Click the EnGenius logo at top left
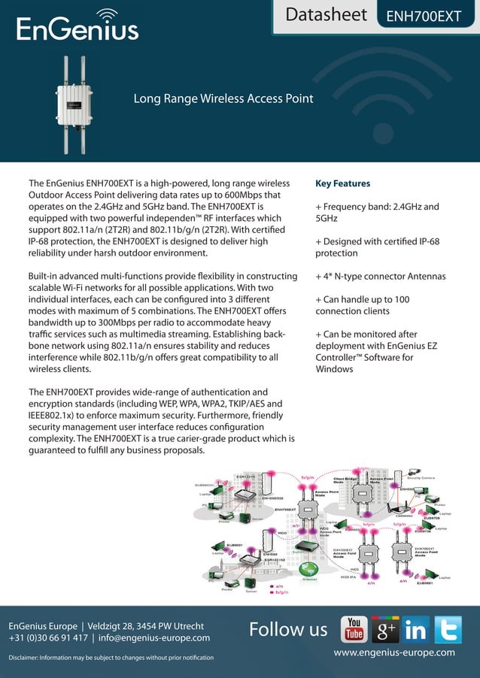point(77,26)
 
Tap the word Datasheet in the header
point(327,14)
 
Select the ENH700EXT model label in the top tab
point(424,17)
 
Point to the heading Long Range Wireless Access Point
point(223,98)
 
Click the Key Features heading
point(342,183)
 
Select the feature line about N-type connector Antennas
point(381,276)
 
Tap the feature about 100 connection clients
point(362,305)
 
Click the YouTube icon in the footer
point(354,629)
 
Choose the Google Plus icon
point(384,629)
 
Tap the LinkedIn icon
point(415,629)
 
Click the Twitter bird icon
point(447,629)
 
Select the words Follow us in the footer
point(288,629)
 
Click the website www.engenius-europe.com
point(393,652)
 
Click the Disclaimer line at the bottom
point(111,658)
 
